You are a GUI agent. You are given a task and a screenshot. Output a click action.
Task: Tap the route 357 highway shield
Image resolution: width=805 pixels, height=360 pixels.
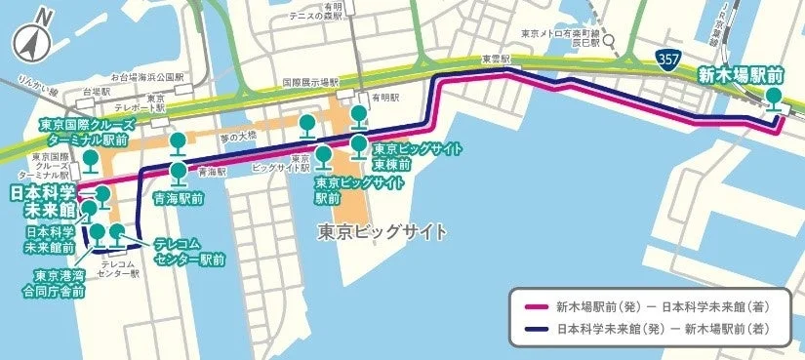(668, 60)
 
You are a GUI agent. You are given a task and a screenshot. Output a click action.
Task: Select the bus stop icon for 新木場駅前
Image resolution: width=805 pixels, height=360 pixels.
(774, 99)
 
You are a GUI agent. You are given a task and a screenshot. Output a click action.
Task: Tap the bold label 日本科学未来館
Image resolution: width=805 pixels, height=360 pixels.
(43, 200)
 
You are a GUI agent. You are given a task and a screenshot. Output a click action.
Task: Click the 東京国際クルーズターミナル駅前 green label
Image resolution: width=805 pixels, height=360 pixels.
(85, 133)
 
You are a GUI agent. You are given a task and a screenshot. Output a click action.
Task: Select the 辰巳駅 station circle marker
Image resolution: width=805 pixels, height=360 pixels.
(607, 42)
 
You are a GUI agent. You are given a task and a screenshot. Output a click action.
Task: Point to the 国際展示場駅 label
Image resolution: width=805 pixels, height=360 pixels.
(310, 82)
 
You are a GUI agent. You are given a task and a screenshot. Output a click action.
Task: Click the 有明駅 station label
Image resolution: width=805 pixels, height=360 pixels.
(384, 99)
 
